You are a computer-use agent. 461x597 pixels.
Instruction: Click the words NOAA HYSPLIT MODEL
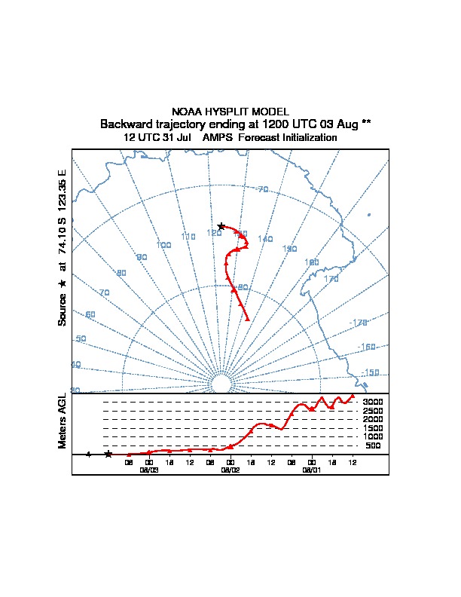230,112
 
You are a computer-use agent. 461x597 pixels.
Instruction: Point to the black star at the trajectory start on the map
221,226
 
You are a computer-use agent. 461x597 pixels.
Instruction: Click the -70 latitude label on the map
262,189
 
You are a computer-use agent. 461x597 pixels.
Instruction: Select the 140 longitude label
265,239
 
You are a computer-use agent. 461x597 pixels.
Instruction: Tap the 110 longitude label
188,237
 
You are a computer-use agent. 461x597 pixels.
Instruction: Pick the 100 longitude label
163,245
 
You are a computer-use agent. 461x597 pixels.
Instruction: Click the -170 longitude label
358,323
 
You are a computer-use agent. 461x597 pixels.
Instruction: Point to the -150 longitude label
370,373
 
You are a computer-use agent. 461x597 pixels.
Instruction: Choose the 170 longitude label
331,279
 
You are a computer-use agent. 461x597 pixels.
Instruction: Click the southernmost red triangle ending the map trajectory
247,318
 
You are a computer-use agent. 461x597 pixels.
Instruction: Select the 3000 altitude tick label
373,402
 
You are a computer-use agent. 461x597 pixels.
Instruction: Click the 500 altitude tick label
373,446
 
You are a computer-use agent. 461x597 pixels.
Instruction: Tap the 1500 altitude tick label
373,428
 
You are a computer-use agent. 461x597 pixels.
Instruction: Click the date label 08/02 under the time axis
230,470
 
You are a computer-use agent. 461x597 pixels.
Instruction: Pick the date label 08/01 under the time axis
312,470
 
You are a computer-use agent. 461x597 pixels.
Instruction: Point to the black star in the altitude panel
108,454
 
